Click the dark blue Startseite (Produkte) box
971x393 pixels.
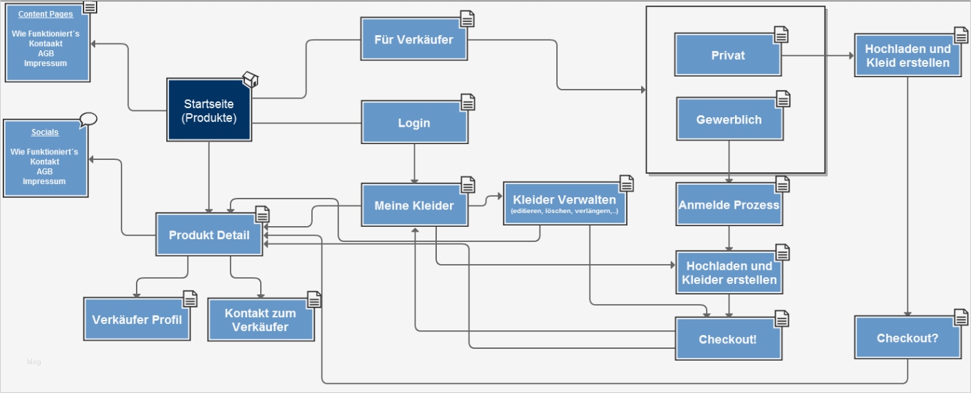(208, 111)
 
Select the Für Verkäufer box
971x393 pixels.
(413, 39)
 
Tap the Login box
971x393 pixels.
(413, 123)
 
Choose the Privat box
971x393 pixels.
(727, 55)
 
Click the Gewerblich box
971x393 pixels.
(729, 120)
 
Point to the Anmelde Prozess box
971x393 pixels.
(729, 205)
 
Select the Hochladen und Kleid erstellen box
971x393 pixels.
(907, 56)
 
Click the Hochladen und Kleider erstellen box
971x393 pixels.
(729, 273)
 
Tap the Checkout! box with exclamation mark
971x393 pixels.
(727, 339)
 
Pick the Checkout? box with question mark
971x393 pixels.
(907, 338)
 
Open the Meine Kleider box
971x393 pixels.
(413, 205)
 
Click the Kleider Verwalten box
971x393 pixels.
(564, 203)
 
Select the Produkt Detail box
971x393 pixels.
(208, 235)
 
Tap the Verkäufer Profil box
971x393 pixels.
(137, 319)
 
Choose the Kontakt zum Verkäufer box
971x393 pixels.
(260, 320)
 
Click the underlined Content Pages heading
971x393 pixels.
(46, 14)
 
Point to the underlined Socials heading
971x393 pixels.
(45, 132)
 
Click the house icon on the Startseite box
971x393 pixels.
(251, 80)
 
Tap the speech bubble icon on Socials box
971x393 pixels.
(88, 119)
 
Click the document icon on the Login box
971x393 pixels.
(468, 103)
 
